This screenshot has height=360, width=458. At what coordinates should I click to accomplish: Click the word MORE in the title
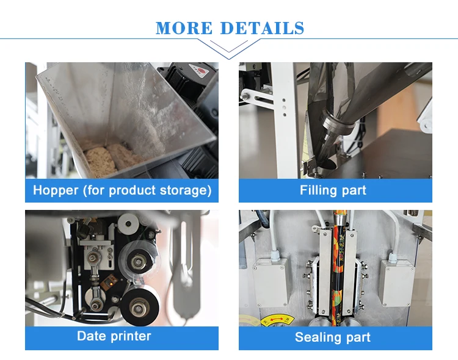pos(184,28)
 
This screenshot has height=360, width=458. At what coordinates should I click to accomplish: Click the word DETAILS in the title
pos(262,28)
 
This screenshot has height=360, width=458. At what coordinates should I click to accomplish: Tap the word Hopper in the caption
pos(56,190)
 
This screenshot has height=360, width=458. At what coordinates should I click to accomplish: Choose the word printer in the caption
pos(131,336)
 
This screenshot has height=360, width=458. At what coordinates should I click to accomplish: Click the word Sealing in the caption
pos(318,337)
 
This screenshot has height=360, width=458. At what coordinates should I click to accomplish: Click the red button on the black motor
pos(201,70)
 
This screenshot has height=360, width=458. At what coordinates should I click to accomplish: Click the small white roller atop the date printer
pos(128,224)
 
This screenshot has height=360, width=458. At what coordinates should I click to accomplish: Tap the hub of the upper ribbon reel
pos(137,261)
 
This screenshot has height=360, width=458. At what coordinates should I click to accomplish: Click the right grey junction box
pos(398,283)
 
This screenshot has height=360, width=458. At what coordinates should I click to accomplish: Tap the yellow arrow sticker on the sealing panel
pos(274,320)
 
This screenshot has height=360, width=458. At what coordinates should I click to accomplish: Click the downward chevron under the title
pos(229,49)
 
